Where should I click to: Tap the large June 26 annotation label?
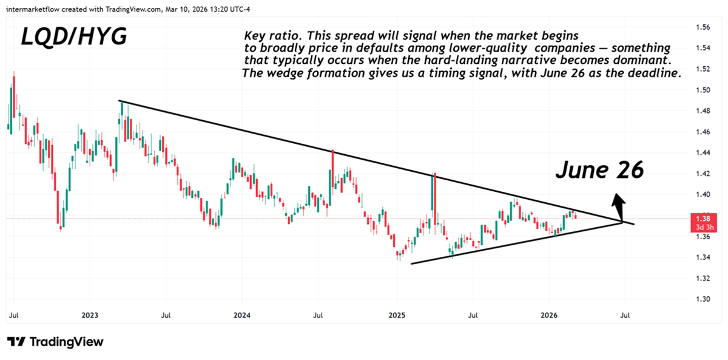click(599, 170)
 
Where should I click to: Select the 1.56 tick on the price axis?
click(703, 27)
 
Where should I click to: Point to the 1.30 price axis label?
click(703, 299)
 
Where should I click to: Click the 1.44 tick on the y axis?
click(703, 153)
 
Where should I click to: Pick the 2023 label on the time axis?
click(89, 316)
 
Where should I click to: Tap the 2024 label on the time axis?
click(241, 316)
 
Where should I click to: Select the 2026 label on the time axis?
click(549, 316)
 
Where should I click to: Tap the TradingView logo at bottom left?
click(55, 342)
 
